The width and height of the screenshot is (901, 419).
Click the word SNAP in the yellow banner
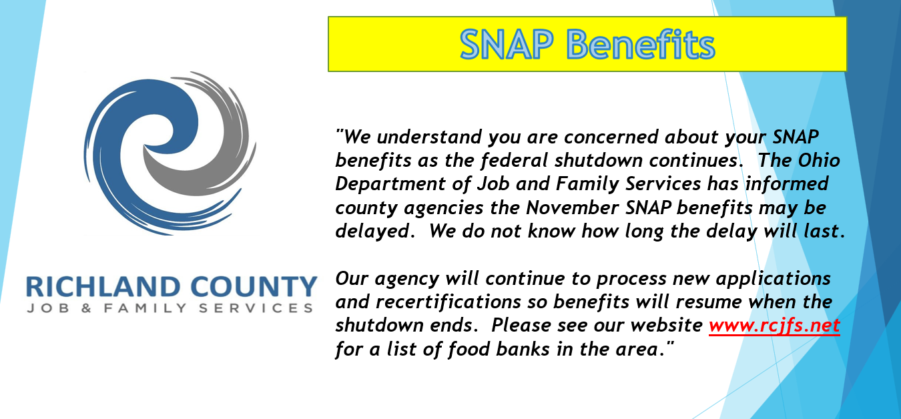click(x=507, y=45)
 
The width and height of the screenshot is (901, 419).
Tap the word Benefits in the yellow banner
click(x=641, y=44)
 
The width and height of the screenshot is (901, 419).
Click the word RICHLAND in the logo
click(x=103, y=287)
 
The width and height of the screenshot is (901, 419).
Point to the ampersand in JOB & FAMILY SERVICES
click(x=87, y=308)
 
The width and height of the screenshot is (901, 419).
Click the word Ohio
click(x=819, y=160)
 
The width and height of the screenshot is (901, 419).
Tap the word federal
click(x=514, y=160)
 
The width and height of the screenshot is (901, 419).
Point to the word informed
click(x=787, y=183)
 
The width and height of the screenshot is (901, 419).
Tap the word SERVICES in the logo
click(x=256, y=308)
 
